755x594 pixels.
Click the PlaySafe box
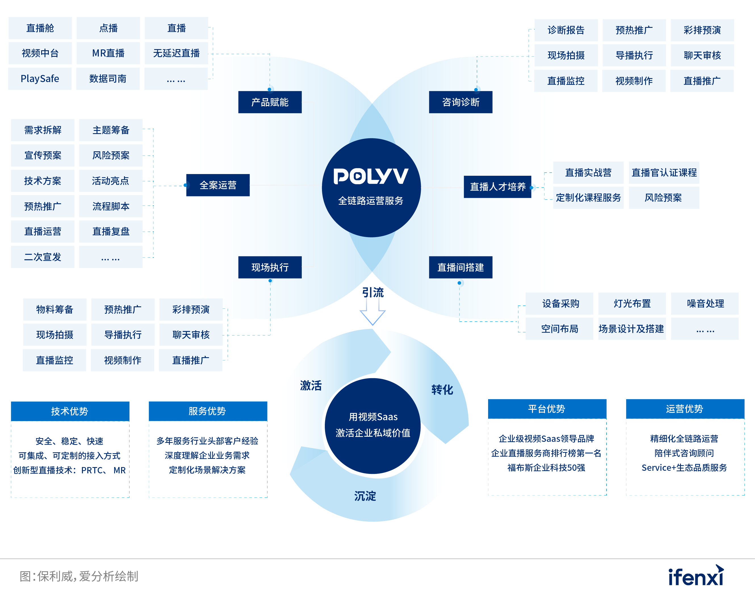40,79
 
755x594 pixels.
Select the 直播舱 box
40,28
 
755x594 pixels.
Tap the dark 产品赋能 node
270,102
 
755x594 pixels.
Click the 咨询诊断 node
461,102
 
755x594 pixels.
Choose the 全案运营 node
218,185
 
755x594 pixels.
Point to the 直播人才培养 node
498,187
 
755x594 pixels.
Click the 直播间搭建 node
461,267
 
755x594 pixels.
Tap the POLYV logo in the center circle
371,176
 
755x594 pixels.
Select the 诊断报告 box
566,30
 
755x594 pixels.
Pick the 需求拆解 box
43,130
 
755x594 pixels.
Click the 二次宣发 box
43,257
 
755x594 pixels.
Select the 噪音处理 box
705,304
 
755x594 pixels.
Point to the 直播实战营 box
588,173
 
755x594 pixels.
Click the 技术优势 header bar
70,411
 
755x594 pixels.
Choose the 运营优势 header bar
685,409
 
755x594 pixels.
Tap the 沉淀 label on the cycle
365,496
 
